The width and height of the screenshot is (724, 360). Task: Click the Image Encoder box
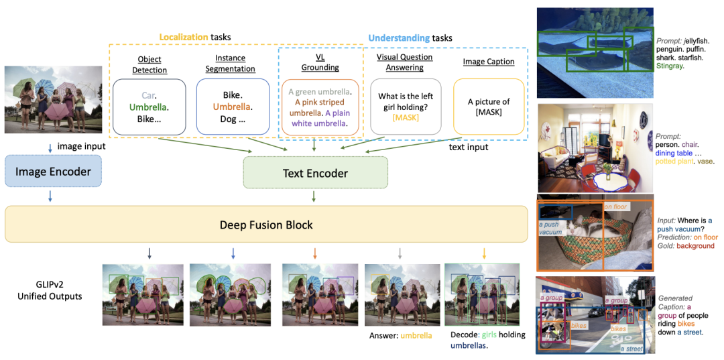click(x=53, y=172)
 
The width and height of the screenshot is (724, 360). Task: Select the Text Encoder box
click(x=315, y=173)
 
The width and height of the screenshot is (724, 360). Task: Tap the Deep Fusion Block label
click(x=266, y=225)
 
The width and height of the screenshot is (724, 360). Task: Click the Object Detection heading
click(x=149, y=64)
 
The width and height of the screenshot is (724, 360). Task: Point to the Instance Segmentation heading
click(x=230, y=64)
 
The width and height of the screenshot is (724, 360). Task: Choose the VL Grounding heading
click(x=320, y=62)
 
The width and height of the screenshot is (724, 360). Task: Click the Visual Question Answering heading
click(x=405, y=62)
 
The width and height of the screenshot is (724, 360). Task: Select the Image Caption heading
click(x=489, y=62)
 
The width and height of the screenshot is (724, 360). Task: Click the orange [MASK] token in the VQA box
click(x=405, y=118)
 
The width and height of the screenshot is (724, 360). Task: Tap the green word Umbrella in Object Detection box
click(x=149, y=107)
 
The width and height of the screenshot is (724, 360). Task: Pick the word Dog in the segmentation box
click(x=227, y=119)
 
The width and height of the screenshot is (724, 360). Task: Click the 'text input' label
click(x=469, y=147)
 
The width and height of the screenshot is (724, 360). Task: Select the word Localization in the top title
click(x=183, y=38)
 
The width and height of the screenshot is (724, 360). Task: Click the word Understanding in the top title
click(x=399, y=38)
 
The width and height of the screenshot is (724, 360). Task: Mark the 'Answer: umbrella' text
click(x=400, y=336)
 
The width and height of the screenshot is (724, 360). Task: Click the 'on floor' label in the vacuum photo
click(x=615, y=206)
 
